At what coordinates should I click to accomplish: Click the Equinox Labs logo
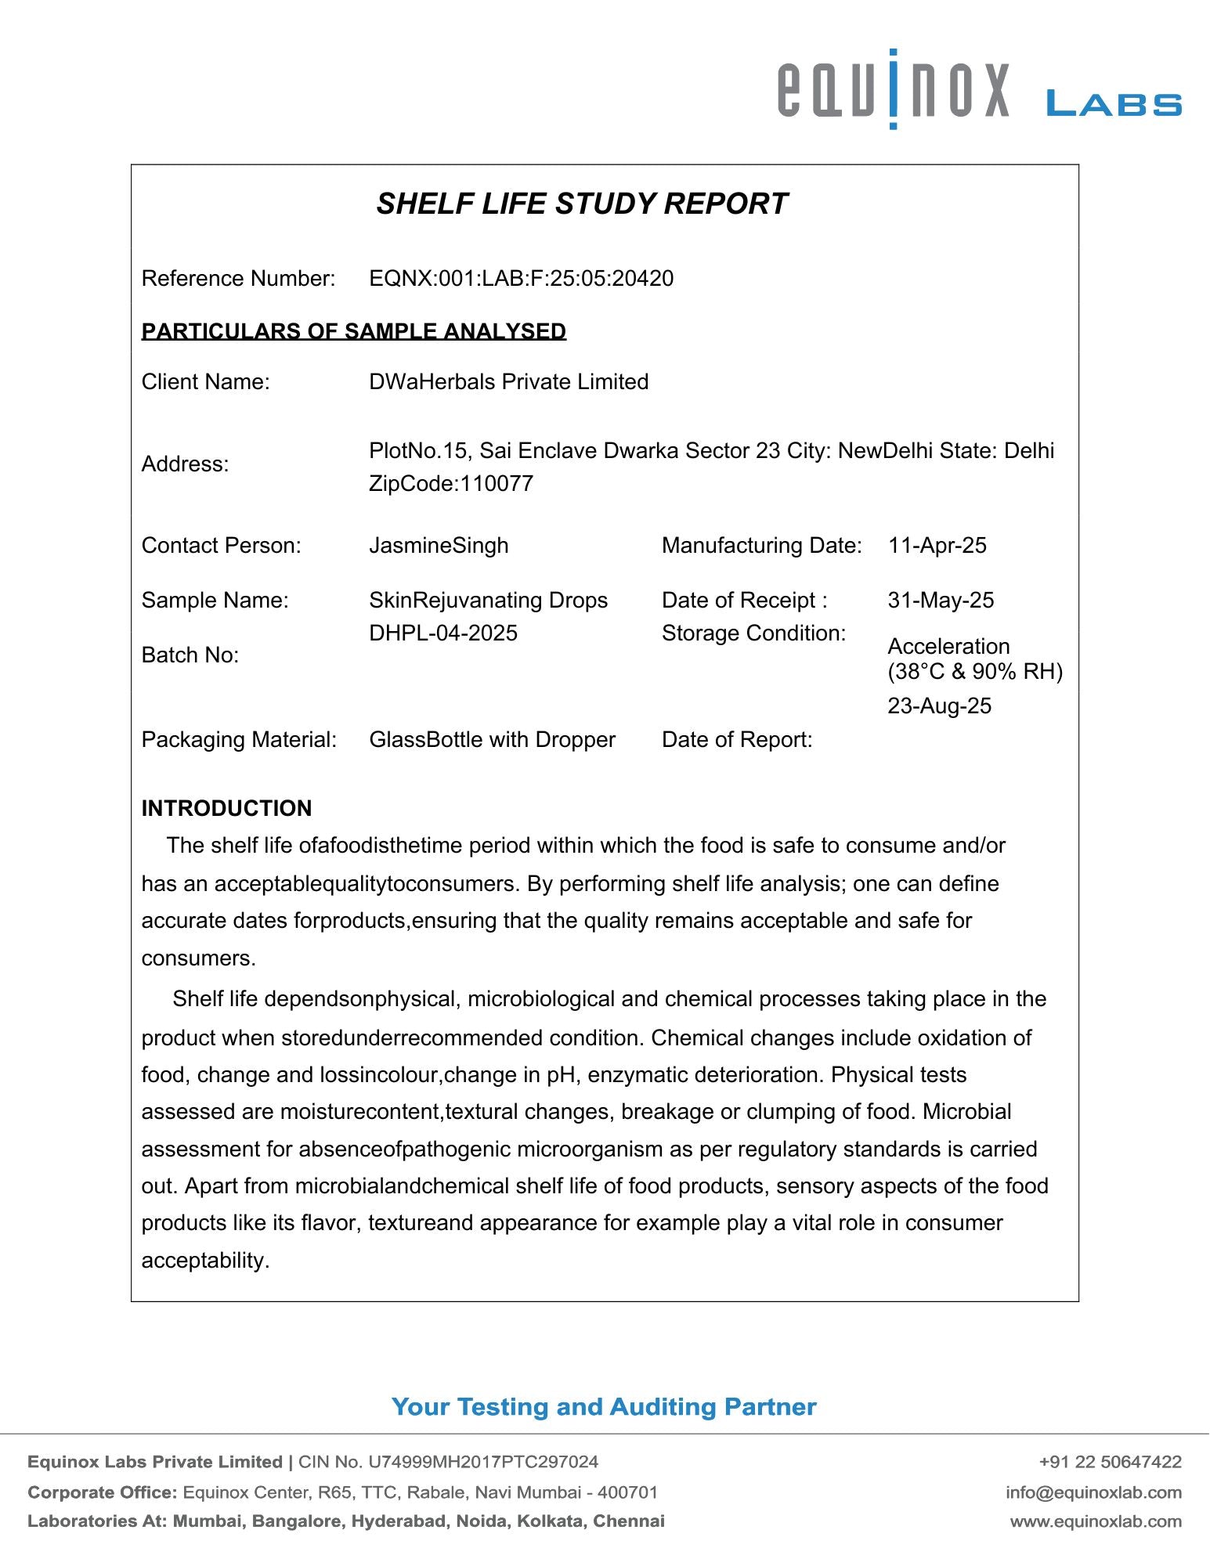(x=978, y=90)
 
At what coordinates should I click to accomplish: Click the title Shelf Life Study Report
(x=582, y=204)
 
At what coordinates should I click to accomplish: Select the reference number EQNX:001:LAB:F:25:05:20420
(x=521, y=279)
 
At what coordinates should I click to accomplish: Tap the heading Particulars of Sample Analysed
(x=353, y=331)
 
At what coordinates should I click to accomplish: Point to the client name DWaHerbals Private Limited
(x=508, y=382)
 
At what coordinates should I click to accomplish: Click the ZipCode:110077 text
(x=451, y=484)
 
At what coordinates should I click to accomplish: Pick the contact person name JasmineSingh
(x=439, y=546)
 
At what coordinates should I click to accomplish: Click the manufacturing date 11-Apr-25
(x=937, y=546)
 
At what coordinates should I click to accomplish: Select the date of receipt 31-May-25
(x=940, y=601)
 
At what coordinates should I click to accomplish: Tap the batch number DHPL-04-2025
(x=443, y=633)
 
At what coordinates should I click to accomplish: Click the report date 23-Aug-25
(x=939, y=706)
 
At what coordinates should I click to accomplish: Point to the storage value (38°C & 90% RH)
(x=975, y=672)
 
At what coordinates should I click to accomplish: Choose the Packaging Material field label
(x=239, y=740)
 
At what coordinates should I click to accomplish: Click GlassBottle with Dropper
(x=492, y=740)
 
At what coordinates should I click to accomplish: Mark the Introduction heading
(x=226, y=808)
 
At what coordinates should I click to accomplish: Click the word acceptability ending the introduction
(x=205, y=1261)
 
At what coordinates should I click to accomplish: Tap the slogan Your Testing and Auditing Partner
(x=604, y=1407)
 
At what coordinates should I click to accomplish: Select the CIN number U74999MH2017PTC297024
(x=483, y=1462)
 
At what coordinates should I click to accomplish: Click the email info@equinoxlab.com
(x=1093, y=1492)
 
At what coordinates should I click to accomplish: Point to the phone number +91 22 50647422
(x=1110, y=1462)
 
